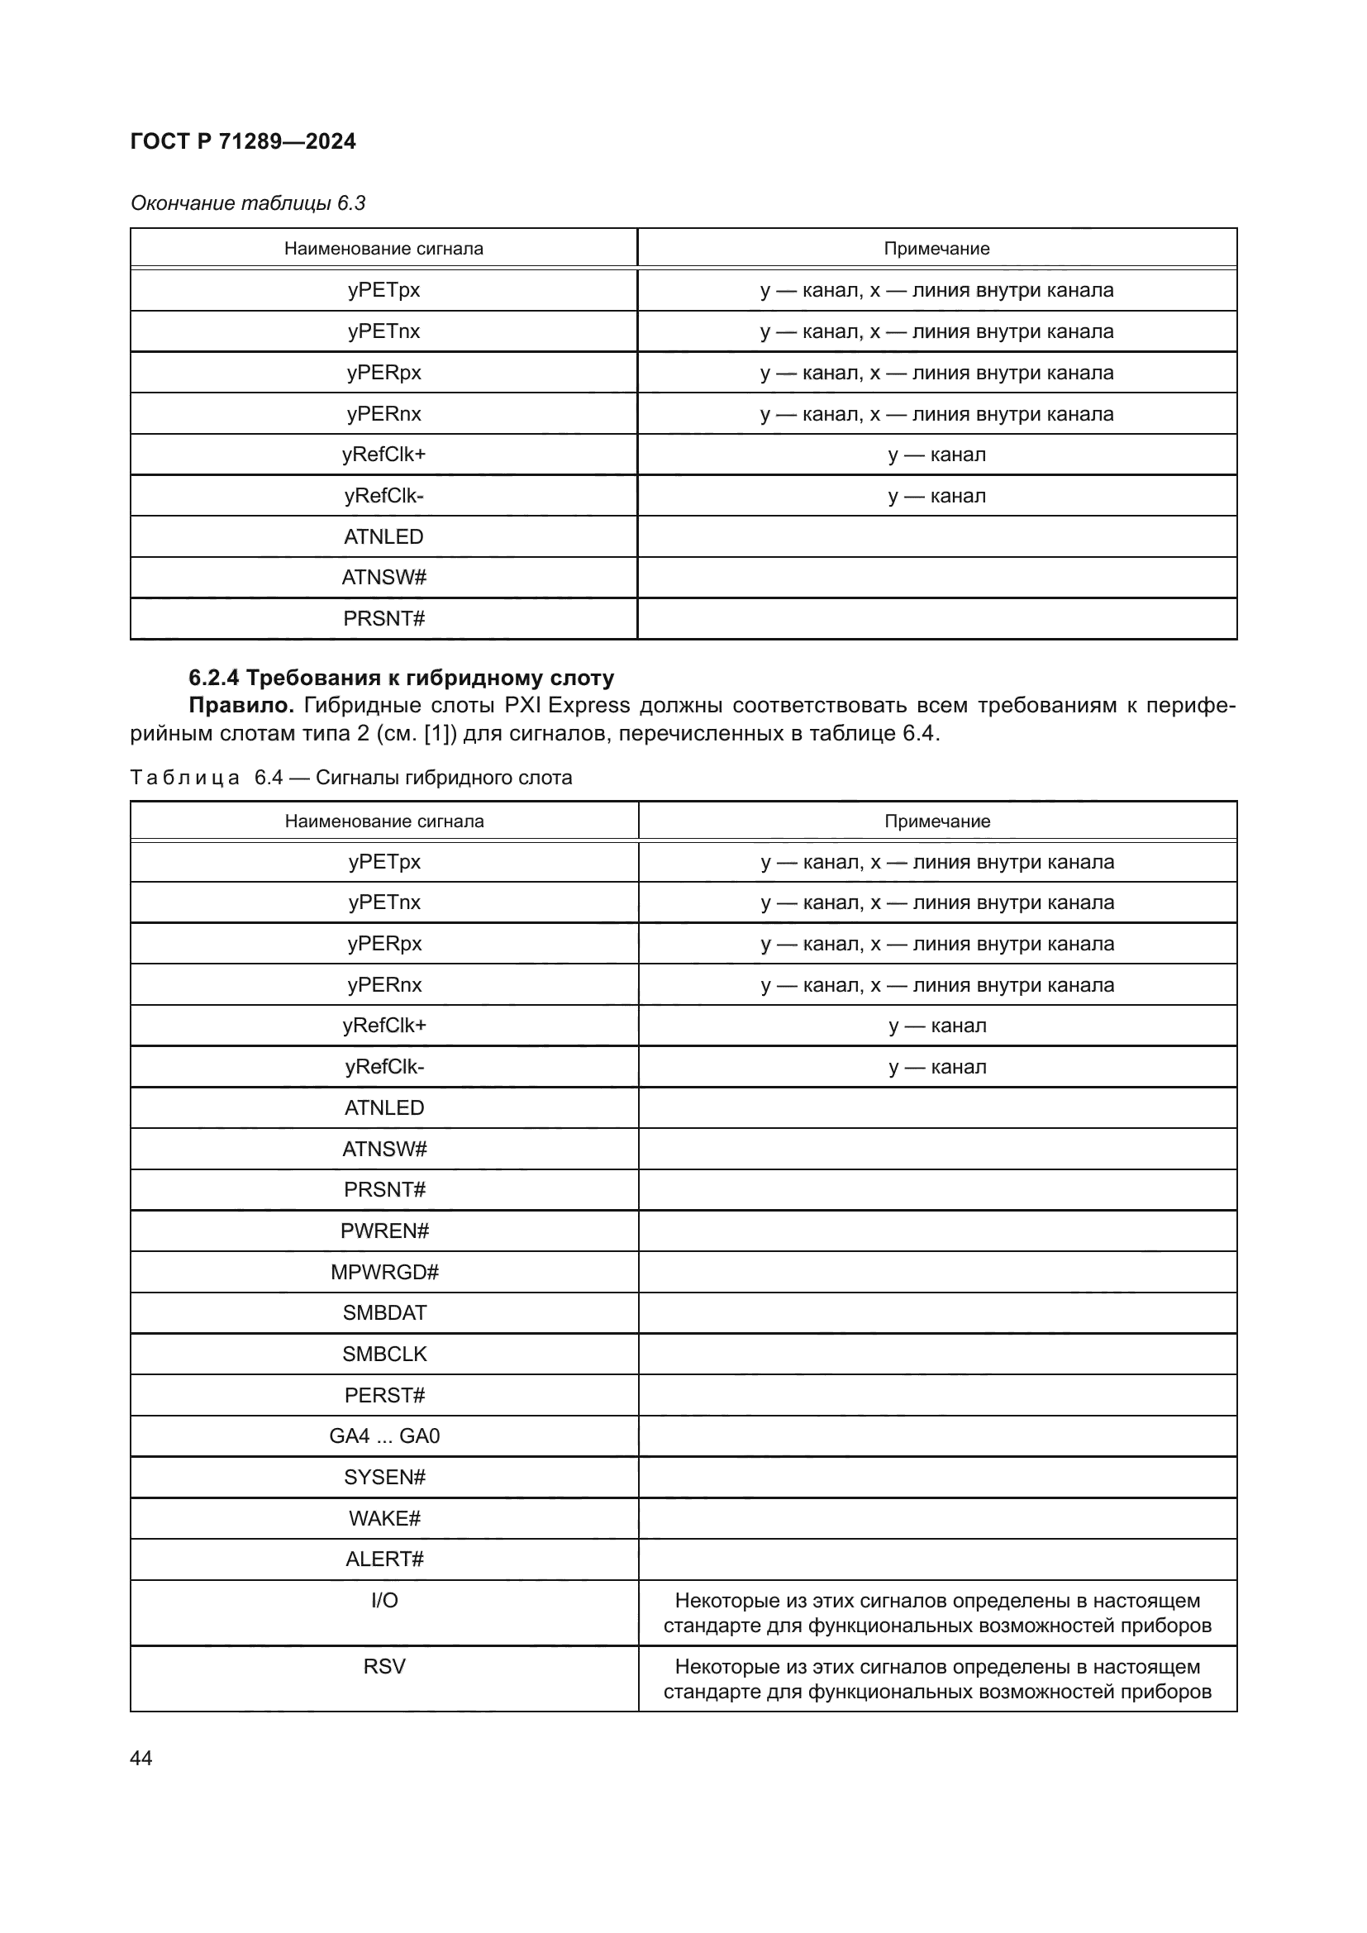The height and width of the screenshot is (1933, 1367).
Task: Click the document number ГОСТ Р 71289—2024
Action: tap(242, 141)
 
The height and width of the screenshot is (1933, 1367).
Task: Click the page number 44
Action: tap(141, 1758)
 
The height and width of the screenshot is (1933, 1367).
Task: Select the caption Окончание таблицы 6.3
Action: tap(247, 203)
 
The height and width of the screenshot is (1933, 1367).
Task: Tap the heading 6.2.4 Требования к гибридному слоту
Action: tap(401, 678)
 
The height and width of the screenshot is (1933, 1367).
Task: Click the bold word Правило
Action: tap(241, 706)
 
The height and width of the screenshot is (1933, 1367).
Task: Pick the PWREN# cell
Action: tap(384, 1231)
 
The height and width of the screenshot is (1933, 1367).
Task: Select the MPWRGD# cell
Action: tap(384, 1272)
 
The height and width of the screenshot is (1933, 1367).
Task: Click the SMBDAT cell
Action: tap(384, 1313)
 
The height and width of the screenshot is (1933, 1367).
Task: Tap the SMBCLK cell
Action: tap(384, 1355)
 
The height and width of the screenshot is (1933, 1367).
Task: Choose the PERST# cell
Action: tap(384, 1396)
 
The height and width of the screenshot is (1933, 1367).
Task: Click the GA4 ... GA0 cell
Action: tap(384, 1436)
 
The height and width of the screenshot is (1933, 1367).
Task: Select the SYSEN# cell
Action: tap(384, 1478)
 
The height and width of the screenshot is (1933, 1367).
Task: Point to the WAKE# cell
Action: tap(384, 1519)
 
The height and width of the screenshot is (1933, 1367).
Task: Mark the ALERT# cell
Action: tap(384, 1559)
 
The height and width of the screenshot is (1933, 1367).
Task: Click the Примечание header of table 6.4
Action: tap(937, 821)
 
